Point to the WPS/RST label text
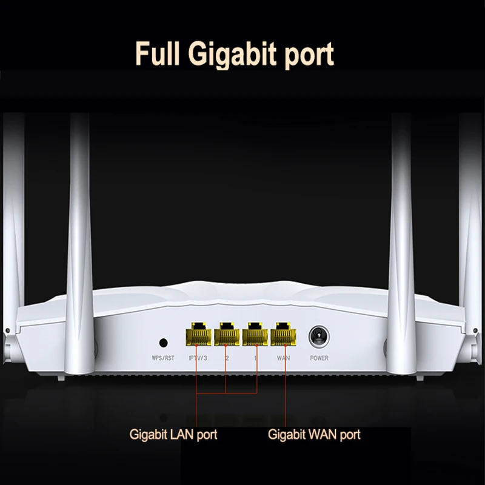162,358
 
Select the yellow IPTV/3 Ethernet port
198,333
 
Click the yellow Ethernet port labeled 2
227,333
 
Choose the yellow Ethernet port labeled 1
255,333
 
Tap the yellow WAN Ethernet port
283,333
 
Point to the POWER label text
319,358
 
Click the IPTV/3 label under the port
198,358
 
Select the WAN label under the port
283,358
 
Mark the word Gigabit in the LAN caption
148,435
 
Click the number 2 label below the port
227,358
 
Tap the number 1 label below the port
255,358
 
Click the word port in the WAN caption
349,435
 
